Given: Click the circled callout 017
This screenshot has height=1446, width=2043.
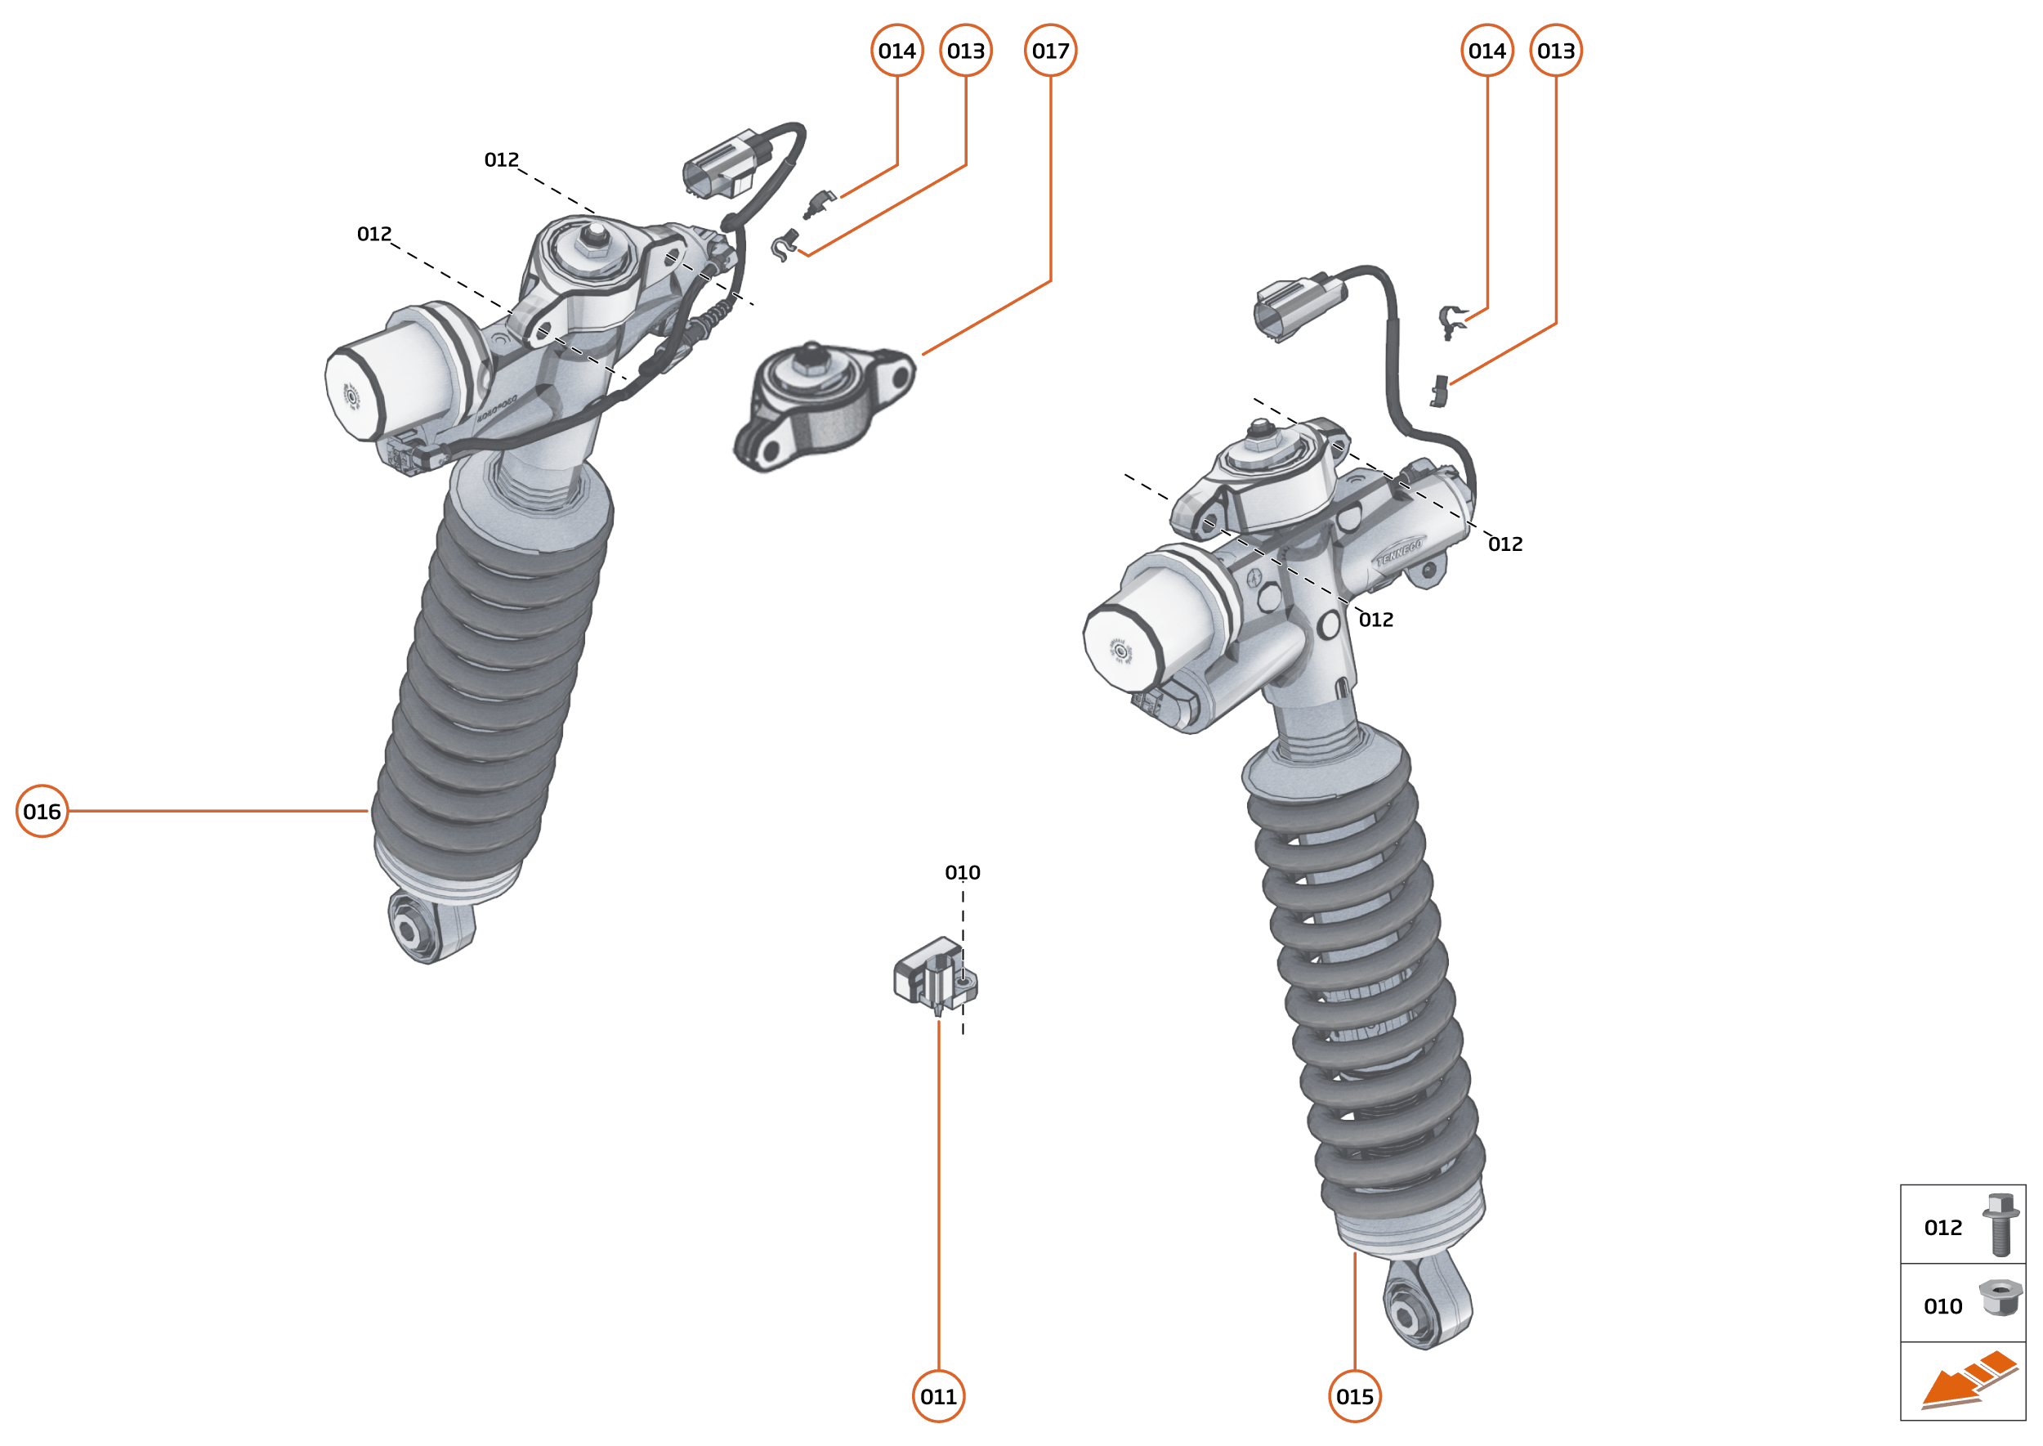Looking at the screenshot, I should (1050, 51).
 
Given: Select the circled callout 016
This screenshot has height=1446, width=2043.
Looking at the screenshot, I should (42, 811).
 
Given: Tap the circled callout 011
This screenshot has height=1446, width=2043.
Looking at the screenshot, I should (938, 1396).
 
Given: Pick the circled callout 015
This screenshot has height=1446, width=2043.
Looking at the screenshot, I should (1355, 1396).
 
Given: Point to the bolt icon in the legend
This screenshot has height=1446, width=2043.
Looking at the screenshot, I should (2001, 1225).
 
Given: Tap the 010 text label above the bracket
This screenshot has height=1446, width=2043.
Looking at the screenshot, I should (963, 873).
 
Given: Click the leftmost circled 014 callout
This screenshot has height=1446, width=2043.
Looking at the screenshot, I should (896, 51).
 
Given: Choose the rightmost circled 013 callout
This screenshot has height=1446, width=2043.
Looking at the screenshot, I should (1555, 51).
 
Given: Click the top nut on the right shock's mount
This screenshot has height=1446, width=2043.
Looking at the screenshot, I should (1259, 435).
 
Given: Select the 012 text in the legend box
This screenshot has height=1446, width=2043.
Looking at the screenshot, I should (1942, 1228).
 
